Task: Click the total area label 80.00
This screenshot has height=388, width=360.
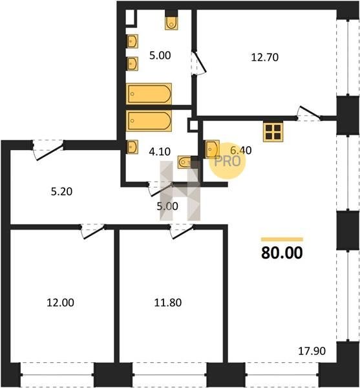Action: pyautogui.click(x=282, y=253)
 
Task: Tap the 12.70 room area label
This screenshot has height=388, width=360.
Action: pyautogui.click(x=265, y=58)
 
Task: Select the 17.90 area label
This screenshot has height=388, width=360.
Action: pyautogui.click(x=312, y=351)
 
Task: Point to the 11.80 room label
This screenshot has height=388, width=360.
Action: pyautogui.click(x=168, y=303)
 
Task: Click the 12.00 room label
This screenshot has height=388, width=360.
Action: pyautogui.click(x=60, y=303)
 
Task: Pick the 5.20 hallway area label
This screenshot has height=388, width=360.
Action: pyautogui.click(x=61, y=191)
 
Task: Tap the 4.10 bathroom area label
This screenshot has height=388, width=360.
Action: pyautogui.click(x=160, y=151)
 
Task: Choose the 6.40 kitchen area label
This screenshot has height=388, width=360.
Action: pyautogui.click(x=241, y=150)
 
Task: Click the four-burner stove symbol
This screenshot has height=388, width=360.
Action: pyautogui.click(x=273, y=133)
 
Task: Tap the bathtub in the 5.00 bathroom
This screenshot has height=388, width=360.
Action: pyautogui.click(x=149, y=94)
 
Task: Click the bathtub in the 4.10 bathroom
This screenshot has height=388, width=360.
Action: pyautogui.click(x=149, y=120)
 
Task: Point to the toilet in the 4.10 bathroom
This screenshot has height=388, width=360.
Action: pyautogui.click(x=184, y=162)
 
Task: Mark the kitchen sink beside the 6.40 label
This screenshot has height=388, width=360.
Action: pyautogui.click(x=212, y=149)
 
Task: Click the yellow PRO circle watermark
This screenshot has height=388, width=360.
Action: pyautogui.click(x=228, y=161)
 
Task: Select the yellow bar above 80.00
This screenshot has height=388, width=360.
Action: pyautogui.click(x=282, y=239)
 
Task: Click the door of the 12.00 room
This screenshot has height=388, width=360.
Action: pyautogui.click(x=93, y=231)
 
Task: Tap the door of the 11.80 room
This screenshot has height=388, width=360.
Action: pyautogui.click(x=182, y=231)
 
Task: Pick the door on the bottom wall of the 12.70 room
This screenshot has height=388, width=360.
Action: pyautogui.click(x=309, y=114)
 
